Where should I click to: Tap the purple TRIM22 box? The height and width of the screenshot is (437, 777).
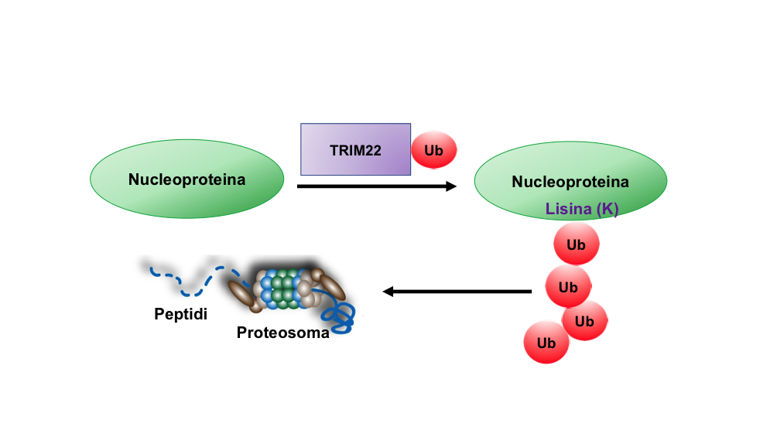[355, 149]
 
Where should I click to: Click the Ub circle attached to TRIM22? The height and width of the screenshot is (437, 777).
[434, 150]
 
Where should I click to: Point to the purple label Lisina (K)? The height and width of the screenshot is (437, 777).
[582, 209]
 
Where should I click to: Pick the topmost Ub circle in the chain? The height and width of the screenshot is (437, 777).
[576, 244]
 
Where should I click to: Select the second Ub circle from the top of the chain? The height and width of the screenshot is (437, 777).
[568, 287]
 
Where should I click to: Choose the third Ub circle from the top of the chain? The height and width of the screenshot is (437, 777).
[585, 320]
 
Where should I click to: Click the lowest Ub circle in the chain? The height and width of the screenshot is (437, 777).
[546, 342]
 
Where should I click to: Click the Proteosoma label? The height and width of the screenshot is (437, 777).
[282, 333]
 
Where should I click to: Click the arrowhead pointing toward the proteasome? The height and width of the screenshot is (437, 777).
[389, 292]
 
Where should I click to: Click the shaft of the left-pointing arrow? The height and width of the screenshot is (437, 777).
[464, 292]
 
